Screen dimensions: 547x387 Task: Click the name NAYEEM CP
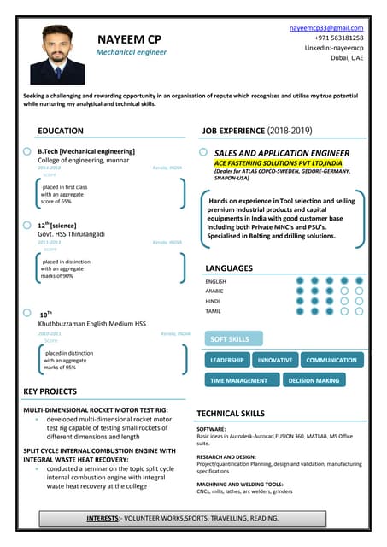130,38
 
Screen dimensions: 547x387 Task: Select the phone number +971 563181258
338,38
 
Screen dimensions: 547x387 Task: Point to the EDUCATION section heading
61,131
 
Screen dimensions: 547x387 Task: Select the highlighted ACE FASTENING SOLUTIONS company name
278,162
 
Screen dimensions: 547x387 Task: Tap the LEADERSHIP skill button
227,361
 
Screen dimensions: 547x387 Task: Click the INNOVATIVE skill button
275,361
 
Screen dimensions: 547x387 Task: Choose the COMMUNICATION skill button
331,361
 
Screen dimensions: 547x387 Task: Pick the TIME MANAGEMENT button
239,380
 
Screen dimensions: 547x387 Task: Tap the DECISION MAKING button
314,380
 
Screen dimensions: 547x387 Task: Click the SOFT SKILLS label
230,339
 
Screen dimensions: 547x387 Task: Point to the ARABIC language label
214,291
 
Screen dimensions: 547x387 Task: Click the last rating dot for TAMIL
359,311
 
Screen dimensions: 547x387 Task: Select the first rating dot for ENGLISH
299,280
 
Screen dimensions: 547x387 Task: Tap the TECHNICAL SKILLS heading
230,413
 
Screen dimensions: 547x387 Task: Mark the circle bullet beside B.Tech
27,151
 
